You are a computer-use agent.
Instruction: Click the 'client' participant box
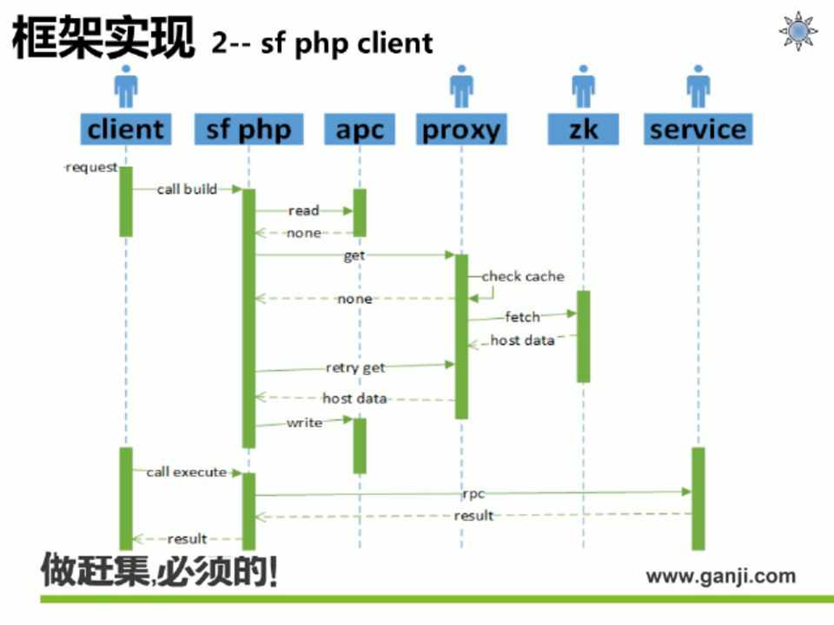[x=125, y=129]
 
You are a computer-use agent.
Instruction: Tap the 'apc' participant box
[x=360, y=129]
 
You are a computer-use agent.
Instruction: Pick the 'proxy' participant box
[x=461, y=129]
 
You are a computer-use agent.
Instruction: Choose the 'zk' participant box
[x=583, y=129]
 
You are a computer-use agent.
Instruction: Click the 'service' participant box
[x=698, y=129]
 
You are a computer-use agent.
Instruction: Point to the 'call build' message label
[x=187, y=189]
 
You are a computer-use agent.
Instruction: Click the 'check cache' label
[x=523, y=276]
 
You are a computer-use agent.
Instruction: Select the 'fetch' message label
[x=522, y=317]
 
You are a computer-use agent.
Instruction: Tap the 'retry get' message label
[x=355, y=367]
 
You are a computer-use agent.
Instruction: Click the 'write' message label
[x=304, y=423]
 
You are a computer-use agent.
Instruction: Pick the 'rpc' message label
[x=473, y=493]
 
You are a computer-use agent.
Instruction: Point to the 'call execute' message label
[x=186, y=472]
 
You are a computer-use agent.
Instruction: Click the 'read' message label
[x=304, y=210]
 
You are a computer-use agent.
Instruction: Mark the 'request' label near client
[x=91, y=168]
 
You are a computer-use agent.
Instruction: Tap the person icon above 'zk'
[x=583, y=89]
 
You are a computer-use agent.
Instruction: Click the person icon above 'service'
[x=698, y=89]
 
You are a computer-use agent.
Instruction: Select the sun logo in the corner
[x=798, y=31]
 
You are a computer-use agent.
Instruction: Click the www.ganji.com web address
[x=720, y=576]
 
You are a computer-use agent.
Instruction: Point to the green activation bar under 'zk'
[x=583, y=336]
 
